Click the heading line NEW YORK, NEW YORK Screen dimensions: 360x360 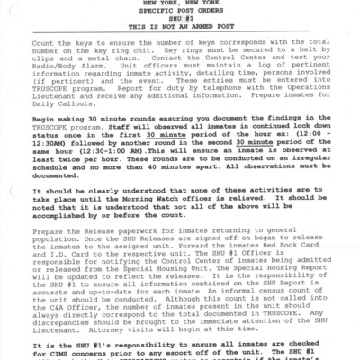[181, 4]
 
